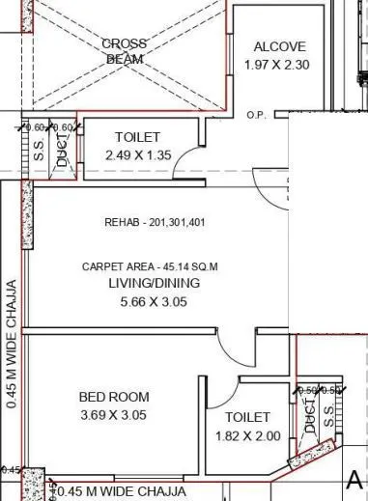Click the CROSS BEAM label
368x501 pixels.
(x=124, y=51)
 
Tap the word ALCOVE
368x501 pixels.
(x=279, y=46)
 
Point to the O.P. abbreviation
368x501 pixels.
(x=256, y=115)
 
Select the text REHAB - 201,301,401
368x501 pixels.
(x=155, y=222)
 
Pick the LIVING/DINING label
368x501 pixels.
(x=155, y=283)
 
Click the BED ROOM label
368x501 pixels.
(x=114, y=397)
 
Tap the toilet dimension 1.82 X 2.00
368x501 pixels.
(x=247, y=435)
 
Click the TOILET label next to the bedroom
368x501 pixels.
(x=247, y=418)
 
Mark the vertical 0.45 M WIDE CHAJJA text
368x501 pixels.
(x=12, y=345)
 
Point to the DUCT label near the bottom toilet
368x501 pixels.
(x=310, y=417)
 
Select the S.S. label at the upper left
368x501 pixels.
(x=40, y=152)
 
